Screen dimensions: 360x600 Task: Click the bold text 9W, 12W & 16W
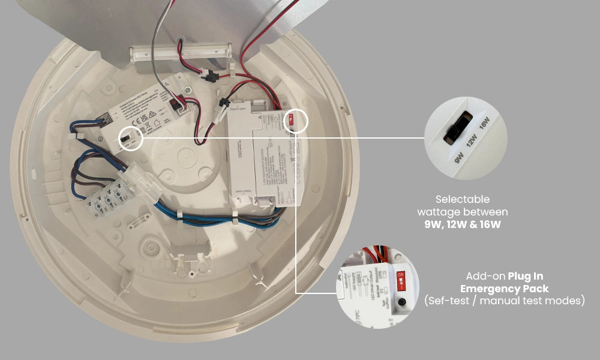[x=461, y=225]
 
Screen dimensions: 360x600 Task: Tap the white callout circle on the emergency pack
[x=295, y=121]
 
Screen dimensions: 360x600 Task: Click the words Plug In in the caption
[x=526, y=276]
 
